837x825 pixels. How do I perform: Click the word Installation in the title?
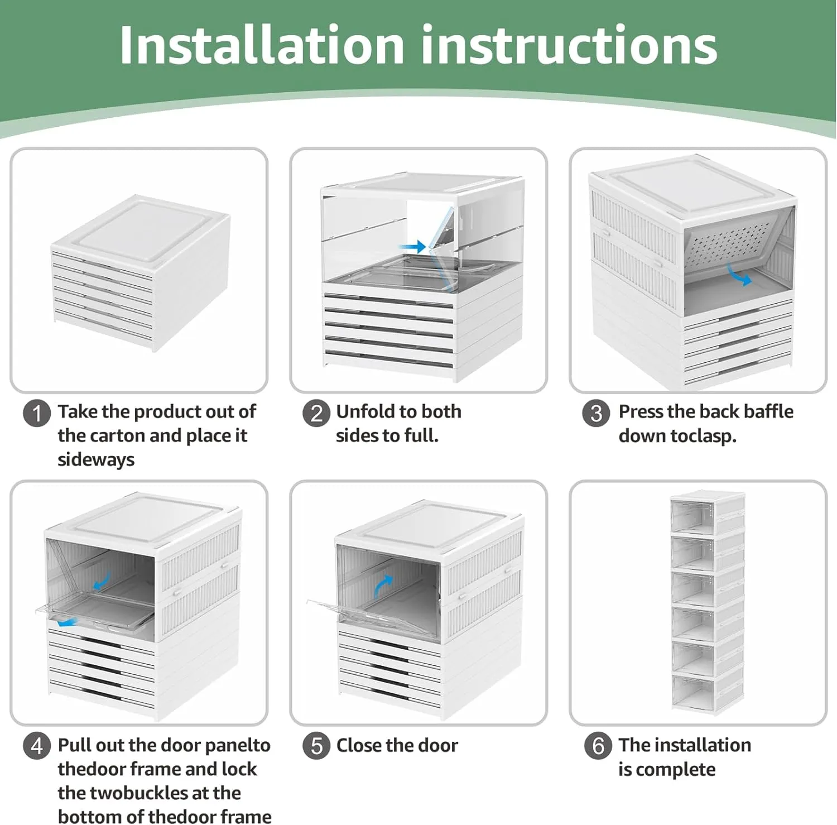pos(261,46)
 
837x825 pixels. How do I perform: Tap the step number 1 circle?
pos(37,414)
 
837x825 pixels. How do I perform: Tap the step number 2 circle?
pos(316,414)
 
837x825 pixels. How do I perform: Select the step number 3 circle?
pos(596,414)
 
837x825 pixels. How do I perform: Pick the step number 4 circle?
pos(37,746)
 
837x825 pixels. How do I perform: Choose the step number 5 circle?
pos(316,746)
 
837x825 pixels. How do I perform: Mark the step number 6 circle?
pos(598,746)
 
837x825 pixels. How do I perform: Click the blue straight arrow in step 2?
pos(413,246)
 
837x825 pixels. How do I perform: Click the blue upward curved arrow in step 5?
pos(383,586)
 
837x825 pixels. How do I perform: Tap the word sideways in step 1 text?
pos(96,460)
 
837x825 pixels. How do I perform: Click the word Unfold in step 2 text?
pos(368,411)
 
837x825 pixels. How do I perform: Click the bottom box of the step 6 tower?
pos(707,694)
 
